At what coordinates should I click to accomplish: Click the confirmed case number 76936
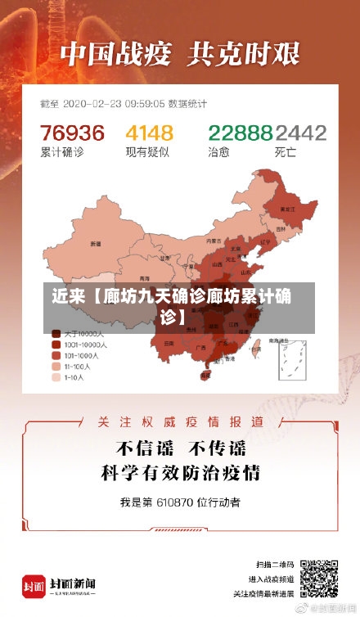click(73, 133)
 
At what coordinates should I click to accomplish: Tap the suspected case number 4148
click(149, 133)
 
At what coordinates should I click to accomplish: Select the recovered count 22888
click(240, 133)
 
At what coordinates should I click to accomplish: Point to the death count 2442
click(300, 133)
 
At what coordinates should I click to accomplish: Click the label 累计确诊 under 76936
click(61, 152)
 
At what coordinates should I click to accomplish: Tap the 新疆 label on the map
click(97, 244)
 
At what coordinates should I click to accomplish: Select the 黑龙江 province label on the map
click(287, 209)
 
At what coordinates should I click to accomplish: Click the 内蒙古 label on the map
click(214, 241)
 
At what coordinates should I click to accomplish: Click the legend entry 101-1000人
click(83, 356)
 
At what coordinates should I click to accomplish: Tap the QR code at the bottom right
click(318, 579)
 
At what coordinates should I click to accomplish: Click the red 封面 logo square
click(34, 586)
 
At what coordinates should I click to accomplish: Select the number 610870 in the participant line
click(173, 501)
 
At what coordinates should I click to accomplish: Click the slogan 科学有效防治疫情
click(180, 472)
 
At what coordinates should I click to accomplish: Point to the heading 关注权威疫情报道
click(180, 422)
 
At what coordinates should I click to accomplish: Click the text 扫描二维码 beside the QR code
click(275, 565)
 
